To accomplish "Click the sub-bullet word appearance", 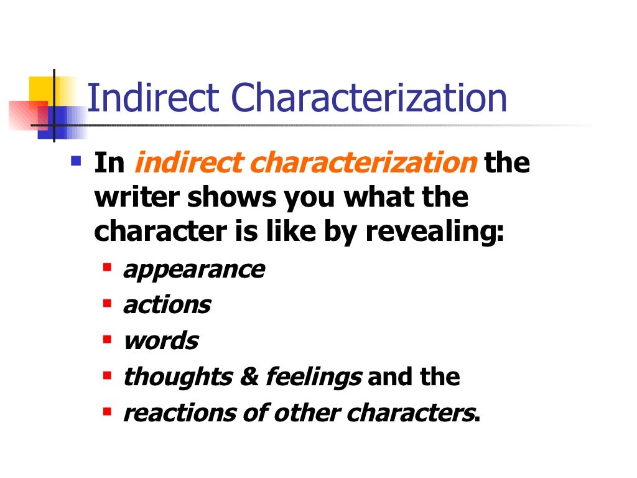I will [x=194, y=269].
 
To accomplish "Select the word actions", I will [x=167, y=305].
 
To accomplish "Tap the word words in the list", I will [x=160, y=340].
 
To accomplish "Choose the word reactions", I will [x=170, y=412].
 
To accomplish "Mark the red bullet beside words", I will [x=108, y=340].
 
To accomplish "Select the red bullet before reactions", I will [x=108, y=411].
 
